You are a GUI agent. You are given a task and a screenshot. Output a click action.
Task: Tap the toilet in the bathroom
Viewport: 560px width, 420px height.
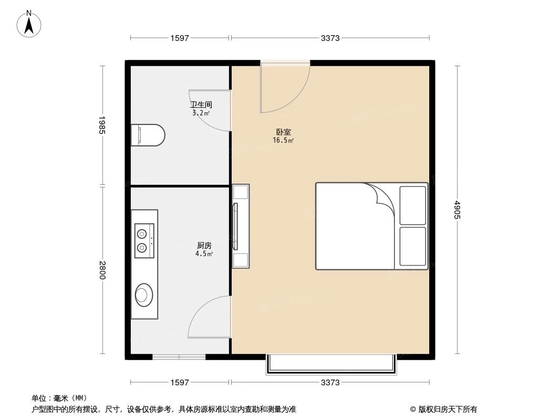point(148,134)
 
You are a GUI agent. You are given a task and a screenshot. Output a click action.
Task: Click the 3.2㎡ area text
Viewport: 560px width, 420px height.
point(201,113)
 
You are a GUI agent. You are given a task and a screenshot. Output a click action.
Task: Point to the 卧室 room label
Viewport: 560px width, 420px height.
point(283,132)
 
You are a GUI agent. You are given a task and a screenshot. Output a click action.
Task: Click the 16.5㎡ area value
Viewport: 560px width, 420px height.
point(283,140)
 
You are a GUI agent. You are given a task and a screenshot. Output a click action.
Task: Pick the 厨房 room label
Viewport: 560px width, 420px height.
point(205,246)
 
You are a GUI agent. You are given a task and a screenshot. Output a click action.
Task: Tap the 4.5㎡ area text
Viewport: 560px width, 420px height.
point(205,254)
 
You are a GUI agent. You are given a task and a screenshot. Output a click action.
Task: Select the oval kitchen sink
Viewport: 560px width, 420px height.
point(143,294)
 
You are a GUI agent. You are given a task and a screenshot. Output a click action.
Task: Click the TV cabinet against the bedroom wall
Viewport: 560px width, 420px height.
point(241,226)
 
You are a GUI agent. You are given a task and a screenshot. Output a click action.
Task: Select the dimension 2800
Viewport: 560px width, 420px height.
point(102,270)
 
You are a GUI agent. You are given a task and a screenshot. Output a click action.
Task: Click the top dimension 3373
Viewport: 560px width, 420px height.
point(330,38)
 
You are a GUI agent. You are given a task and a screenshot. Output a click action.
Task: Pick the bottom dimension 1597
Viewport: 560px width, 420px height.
point(180,382)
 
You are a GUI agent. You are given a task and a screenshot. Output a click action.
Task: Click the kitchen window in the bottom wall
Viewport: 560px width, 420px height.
point(179,357)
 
